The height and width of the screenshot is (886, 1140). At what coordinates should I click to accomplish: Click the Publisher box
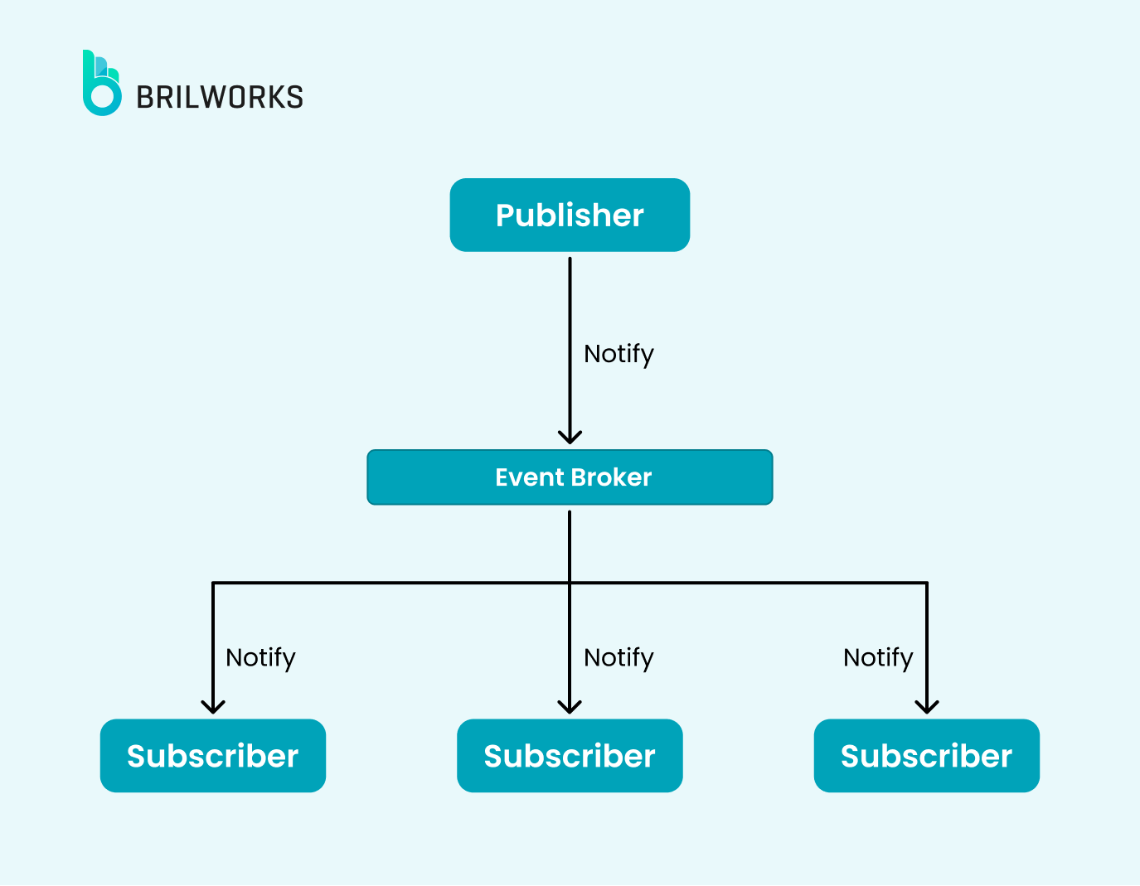coord(570,215)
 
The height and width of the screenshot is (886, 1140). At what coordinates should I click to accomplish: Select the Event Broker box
coord(570,477)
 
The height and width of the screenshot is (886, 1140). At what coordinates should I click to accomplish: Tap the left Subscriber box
coord(213,755)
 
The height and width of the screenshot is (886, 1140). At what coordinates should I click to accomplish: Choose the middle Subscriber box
coord(570,755)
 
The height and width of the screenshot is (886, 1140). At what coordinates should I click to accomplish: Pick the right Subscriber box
coord(926,755)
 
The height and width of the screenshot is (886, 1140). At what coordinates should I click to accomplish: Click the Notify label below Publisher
coord(619,354)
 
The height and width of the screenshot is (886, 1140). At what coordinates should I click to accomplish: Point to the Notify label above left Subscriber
coord(260,657)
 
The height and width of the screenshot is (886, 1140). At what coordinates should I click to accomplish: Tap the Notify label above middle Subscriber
coord(619,657)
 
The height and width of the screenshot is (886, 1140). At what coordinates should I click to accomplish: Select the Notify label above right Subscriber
coord(878,657)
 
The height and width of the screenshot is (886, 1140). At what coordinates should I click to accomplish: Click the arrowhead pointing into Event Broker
coord(570,438)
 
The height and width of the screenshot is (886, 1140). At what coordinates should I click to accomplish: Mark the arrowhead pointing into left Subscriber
coord(213,707)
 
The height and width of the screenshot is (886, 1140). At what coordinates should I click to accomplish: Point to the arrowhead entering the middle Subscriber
coord(570,707)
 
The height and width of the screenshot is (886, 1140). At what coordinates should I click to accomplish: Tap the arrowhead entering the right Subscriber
coord(926,707)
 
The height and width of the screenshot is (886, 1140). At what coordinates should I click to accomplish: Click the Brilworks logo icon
coord(101,84)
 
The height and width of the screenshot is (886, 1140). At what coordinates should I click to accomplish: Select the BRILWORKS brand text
coord(220,98)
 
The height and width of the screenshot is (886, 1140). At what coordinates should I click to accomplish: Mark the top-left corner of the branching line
coord(213,583)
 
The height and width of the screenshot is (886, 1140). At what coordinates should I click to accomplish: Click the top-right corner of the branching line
coord(926,583)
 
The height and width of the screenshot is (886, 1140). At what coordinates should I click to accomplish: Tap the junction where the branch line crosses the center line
coord(570,583)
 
